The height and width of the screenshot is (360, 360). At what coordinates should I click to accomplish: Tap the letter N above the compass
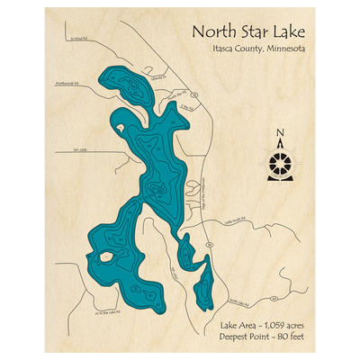281,136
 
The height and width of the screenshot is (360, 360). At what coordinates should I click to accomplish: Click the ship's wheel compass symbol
281,164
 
